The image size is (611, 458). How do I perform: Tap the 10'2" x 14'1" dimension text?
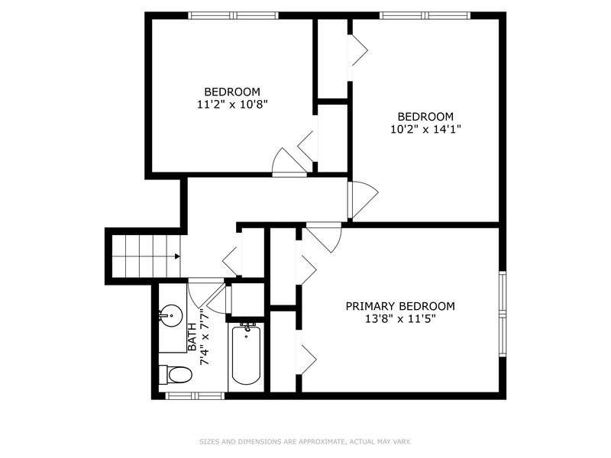(x=425, y=129)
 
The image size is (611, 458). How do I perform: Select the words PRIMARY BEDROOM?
(x=400, y=306)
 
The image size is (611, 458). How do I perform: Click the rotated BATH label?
(x=192, y=337)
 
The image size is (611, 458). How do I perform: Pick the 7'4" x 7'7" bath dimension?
(x=204, y=337)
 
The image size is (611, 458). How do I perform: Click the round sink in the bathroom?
(x=170, y=314)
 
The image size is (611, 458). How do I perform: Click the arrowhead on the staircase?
(x=176, y=256)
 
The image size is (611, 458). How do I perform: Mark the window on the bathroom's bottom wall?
(x=195, y=395)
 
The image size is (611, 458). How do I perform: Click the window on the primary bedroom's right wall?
(x=502, y=313)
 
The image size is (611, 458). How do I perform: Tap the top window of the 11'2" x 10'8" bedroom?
(x=234, y=15)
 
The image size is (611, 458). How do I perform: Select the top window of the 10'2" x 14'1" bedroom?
(x=425, y=15)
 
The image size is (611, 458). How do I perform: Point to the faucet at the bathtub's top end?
(x=246, y=328)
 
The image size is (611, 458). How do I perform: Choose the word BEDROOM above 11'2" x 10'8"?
(x=231, y=92)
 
